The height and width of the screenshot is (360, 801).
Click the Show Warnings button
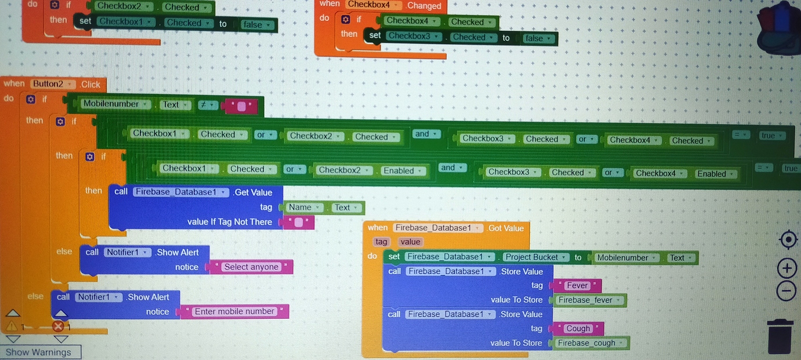(39, 352)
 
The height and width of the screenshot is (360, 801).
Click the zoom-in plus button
(786, 268)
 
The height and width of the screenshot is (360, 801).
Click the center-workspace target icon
(788, 239)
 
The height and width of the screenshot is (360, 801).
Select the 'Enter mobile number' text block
(234, 312)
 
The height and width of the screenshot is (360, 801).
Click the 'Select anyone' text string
(251, 267)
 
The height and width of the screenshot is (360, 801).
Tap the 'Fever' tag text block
(577, 286)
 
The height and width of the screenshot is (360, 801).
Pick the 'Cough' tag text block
(578, 329)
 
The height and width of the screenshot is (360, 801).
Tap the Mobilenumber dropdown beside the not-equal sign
(115, 105)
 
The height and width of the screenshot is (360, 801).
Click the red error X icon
(58, 326)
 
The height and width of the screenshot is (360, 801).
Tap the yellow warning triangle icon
(12, 326)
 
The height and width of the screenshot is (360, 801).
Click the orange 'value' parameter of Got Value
(410, 242)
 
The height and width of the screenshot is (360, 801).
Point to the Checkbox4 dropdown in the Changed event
(373, 5)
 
